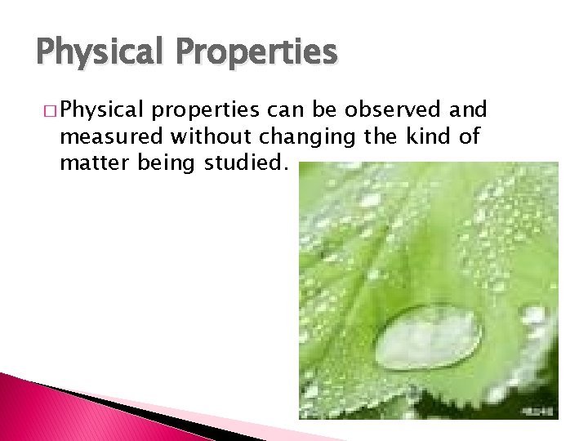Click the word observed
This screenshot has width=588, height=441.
tap(390, 110)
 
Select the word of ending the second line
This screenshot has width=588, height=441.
tap(470, 136)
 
